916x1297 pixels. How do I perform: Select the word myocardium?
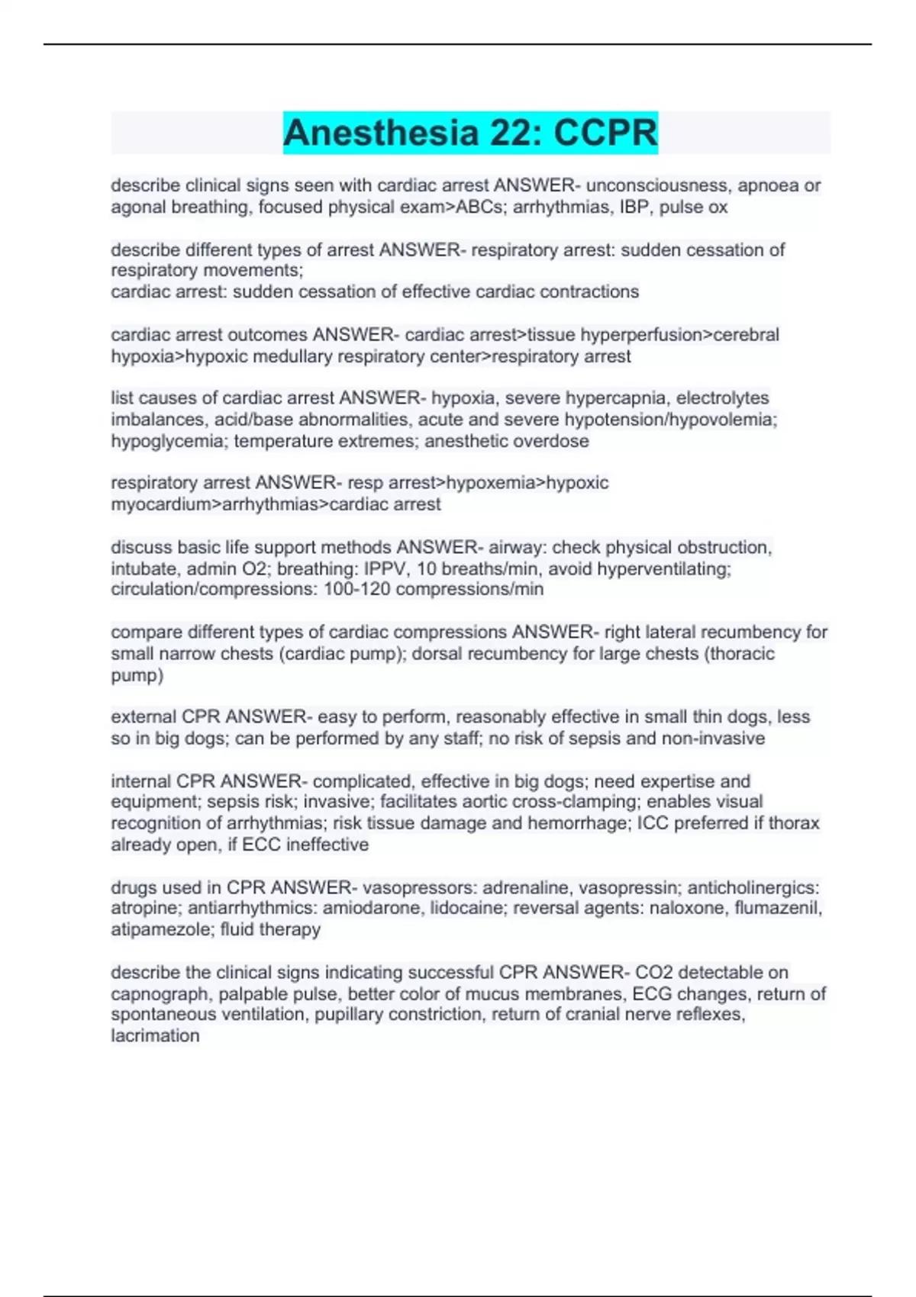(162, 504)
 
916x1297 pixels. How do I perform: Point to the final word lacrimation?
(155, 1036)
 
